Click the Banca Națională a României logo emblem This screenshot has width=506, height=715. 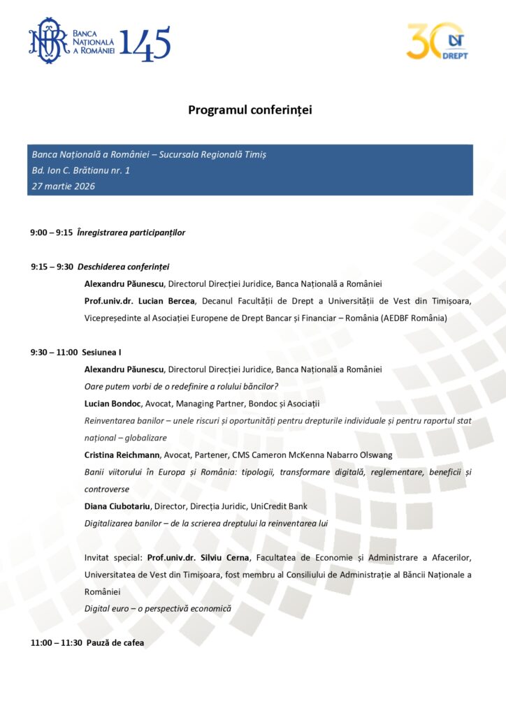[48, 41]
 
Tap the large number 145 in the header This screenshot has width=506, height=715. [145, 43]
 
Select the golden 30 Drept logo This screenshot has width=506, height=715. [437, 42]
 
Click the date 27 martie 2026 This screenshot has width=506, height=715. [64, 186]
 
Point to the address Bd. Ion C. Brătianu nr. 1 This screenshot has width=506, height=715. [81, 170]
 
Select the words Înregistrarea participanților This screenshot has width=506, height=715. [131, 233]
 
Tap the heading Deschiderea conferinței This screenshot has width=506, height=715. [124, 267]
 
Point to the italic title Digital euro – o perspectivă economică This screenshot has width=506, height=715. [157, 609]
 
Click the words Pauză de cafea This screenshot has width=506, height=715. [115, 642]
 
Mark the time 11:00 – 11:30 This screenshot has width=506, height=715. [56, 642]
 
